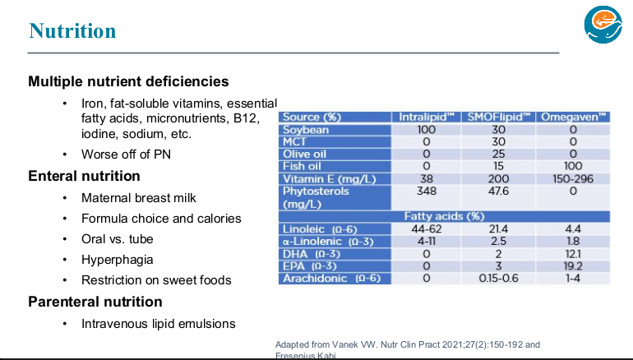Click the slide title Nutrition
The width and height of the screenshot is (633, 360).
(72, 31)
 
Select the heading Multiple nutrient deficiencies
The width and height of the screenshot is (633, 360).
(128, 81)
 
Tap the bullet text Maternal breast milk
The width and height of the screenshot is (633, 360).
(139, 198)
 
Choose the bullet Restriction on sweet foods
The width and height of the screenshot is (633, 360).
(156, 280)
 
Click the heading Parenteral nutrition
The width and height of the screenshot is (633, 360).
(95, 302)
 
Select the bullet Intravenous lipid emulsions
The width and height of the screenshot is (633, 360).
(159, 324)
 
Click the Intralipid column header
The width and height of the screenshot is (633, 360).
(427, 118)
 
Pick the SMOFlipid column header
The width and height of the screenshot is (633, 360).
(498, 118)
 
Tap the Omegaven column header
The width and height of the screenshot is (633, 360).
(573, 118)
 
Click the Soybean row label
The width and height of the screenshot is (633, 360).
(306, 130)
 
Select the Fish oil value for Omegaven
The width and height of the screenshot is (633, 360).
(573, 166)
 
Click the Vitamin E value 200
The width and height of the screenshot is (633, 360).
(498, 178)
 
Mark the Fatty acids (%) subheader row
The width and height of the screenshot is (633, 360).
(444, 216)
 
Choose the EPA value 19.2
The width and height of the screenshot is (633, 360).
(573, 266)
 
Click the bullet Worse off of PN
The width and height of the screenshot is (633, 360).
(126, 155)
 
